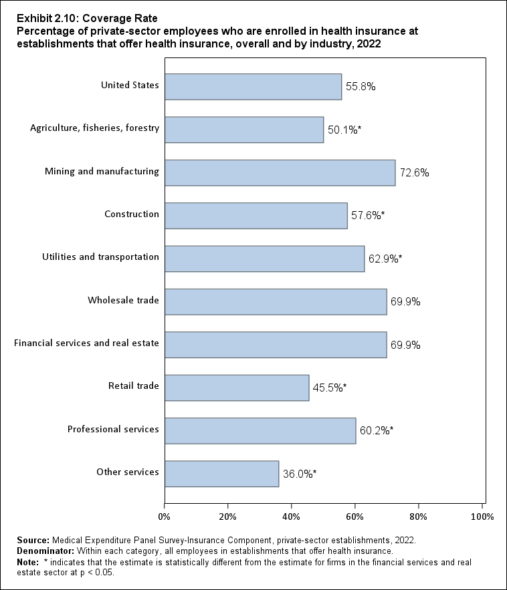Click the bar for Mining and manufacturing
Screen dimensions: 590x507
click(x=280, y=172)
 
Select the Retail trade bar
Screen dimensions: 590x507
click(x=237, y=388)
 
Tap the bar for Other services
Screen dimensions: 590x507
click(x=221, y=474)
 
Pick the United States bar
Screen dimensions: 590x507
click(x=253, y=86)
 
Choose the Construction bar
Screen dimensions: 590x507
click(x=256, y=216)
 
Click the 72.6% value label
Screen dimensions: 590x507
click(x=414, y=172)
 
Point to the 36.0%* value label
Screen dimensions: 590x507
click(x=299, y=474)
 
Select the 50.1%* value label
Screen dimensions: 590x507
click(x=344, y=130)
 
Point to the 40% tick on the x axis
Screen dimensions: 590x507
click(x=292, y=516)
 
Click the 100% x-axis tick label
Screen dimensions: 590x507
click(x=482, y=516)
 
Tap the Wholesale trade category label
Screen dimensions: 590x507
click(x=123, y=300)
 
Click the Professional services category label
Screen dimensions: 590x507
click(x=113, y=429)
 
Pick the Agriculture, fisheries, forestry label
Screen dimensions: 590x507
click(x=94, y=128)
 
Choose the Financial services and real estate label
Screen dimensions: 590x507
click(x=86, y=343)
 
